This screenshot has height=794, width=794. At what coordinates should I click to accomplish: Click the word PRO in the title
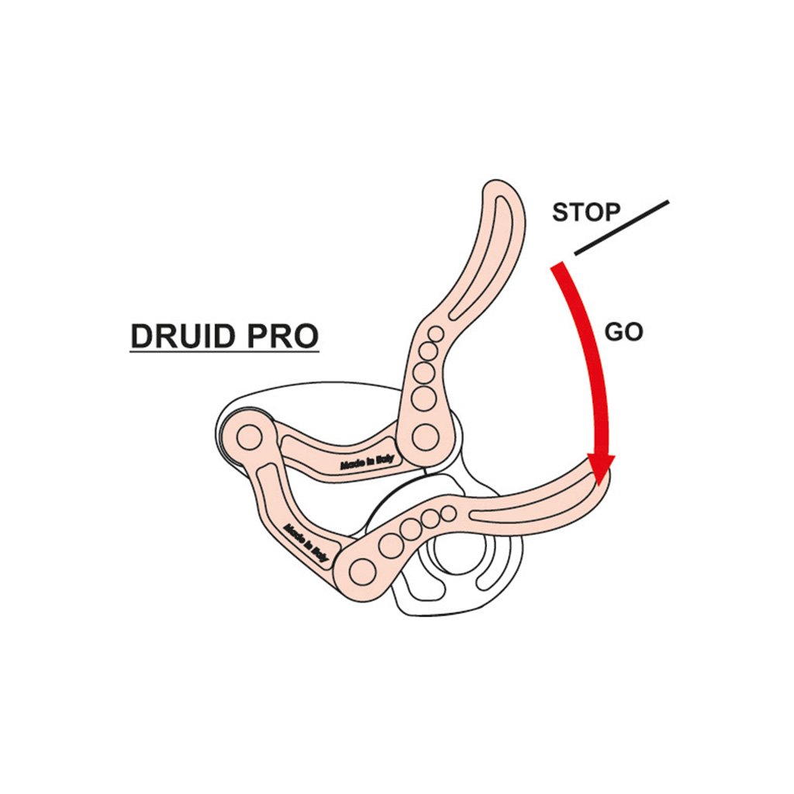(283, 336)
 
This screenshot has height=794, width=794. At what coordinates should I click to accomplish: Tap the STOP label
(585, 212)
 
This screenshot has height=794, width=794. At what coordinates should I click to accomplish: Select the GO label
(623, 332)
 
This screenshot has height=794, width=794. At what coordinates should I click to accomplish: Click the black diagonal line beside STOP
(621, 228)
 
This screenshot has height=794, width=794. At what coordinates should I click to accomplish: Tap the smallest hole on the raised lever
(437, 334)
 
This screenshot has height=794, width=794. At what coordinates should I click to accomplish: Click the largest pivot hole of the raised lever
(425, 435)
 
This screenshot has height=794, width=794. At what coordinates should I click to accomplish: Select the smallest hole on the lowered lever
(449, 512)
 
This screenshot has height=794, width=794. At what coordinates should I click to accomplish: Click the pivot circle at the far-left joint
(249, 438)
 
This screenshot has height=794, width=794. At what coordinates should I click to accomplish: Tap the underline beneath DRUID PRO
(224, 354)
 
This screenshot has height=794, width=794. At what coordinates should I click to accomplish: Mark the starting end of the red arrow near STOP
(557, 268)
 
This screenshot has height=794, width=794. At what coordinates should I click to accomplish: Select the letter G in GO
(614, 332)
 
